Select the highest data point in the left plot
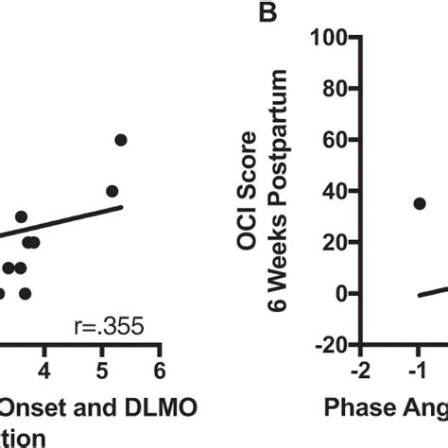[x=121, y=140]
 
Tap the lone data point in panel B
[x=420, y=203]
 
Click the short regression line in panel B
[x=433, y=290]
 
